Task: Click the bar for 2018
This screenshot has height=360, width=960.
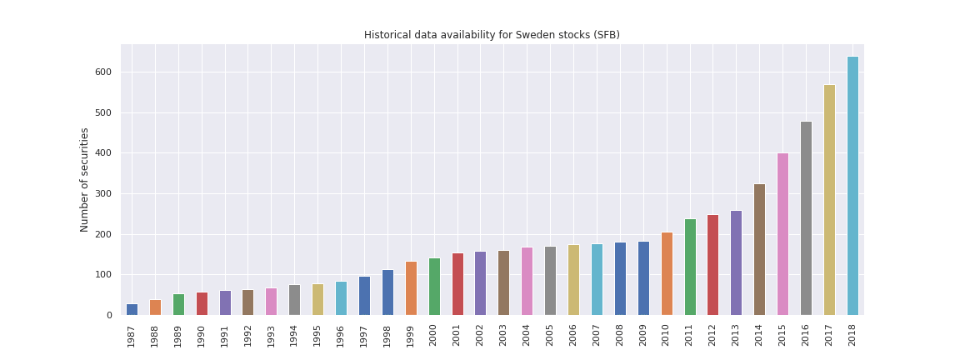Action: point(852,186)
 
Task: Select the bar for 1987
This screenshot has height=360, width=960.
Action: point(132,309)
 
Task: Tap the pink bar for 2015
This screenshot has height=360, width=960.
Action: point(782,234)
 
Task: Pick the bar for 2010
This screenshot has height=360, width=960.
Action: point(667,273)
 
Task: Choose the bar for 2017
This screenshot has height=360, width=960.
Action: point(829,200)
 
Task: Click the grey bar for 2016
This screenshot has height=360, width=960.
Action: point(806,218)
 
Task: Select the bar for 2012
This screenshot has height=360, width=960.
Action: point(712,265)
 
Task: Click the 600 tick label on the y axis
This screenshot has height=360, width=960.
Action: point(103,72)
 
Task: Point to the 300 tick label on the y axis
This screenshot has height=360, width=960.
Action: point(103,194)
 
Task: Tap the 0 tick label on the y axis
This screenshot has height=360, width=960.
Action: point(109,316)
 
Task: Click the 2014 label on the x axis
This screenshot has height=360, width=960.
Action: point(759,335)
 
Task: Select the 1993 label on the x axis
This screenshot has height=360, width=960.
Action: point(271,335)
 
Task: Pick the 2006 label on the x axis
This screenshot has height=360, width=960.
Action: point(573,335)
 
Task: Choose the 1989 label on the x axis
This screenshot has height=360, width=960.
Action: point(178,335)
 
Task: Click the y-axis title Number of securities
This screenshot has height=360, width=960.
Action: point(85,179)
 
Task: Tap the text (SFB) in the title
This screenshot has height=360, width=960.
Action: point(606,35)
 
